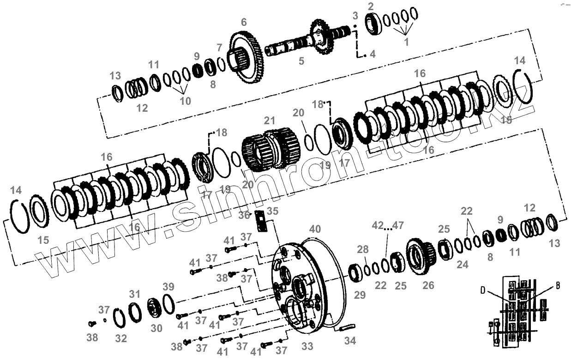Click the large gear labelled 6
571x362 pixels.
[x=249, y=58]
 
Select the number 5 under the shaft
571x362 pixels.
[x=301, y=60]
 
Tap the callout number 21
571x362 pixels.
[x=269, y=121]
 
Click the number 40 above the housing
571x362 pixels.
[x=315, y=229]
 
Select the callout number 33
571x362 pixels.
[x=307, y=346]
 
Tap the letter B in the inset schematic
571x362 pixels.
[x=558, y=286]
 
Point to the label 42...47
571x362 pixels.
[x=387, y=226]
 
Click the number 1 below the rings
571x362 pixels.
[x=406, y=42]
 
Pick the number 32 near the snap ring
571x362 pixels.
[x=121, y=338]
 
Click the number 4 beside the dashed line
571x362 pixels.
[x=373, y=54]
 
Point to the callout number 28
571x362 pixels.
[x=363, y=250]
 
